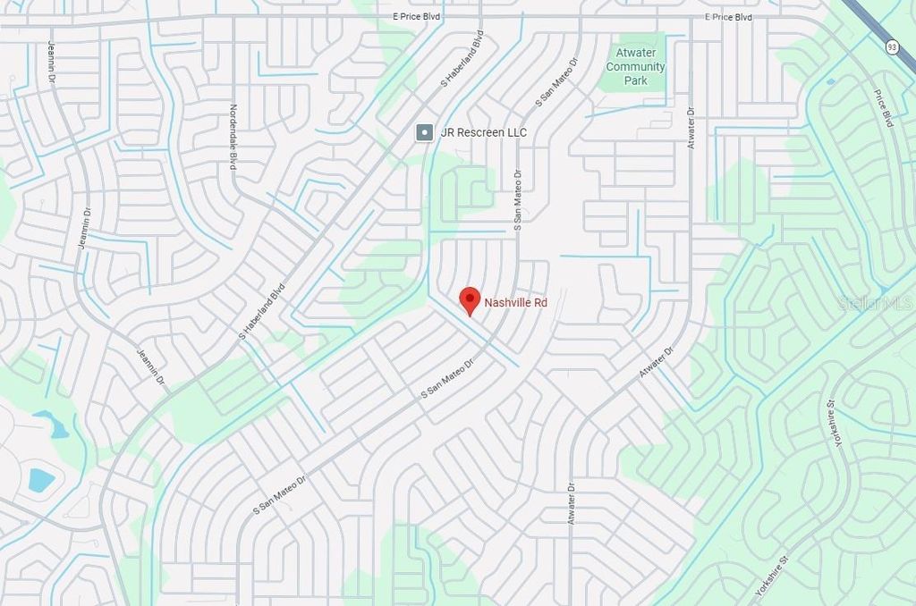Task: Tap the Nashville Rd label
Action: coord(515,303)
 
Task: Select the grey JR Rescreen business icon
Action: coord(425,132)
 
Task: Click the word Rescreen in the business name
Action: coord(479,132)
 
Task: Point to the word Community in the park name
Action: coord(635,67)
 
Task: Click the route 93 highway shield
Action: coord(892,46)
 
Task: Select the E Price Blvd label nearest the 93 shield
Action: coord(728,17)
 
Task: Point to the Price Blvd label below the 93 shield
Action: coord(883,106)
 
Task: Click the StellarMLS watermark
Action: coord(875,303)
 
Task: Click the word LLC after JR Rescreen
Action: coord(515,132)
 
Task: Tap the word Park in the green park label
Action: coord(635,80)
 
